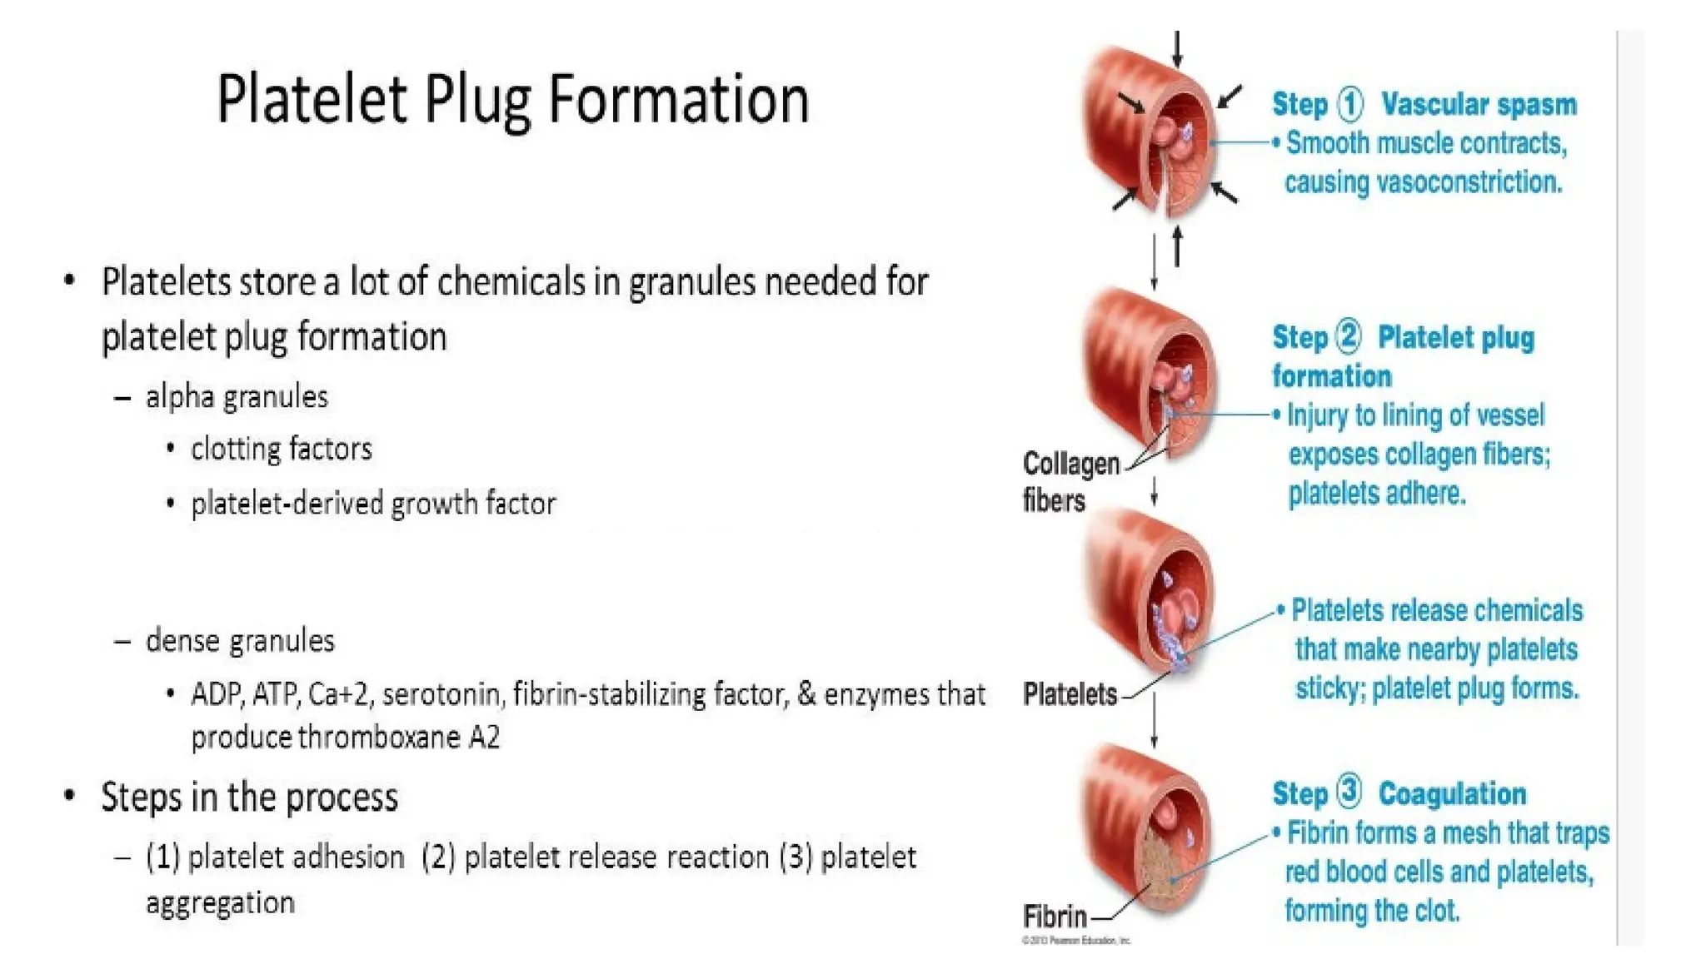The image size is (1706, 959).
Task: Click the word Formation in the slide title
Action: click(678, 100)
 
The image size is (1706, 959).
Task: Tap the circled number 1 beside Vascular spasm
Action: click(1350, 105)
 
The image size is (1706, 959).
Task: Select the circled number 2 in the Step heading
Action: click(1348, 337)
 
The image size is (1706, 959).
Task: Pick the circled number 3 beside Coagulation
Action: click(1349, 792)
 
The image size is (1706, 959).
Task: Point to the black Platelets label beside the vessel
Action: click(1070, 693)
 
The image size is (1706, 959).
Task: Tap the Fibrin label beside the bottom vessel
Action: click(1055, 917)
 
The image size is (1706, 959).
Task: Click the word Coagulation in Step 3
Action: click(1452, 793)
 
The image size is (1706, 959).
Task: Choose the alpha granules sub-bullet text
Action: click(237, 397)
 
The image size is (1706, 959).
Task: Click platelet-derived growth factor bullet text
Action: click(372, 504)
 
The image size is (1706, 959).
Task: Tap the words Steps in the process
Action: click(249, 797)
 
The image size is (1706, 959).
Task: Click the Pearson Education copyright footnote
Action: click(1075, 940)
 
